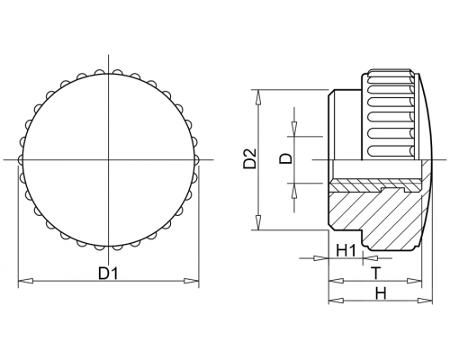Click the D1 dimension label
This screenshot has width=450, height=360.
coord(108,273)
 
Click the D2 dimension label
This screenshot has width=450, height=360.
coord(250,158)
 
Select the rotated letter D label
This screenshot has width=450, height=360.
coord(286,158)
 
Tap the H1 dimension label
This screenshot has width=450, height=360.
coord(346,250)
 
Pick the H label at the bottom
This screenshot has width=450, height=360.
coord(381,293)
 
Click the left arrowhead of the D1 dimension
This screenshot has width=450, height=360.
coord(25,281)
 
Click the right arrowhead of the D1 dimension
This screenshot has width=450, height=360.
coord(192,281)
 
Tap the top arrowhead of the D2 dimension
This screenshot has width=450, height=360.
coord(258,97)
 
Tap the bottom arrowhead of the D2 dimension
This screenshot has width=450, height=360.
coord(258,222)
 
